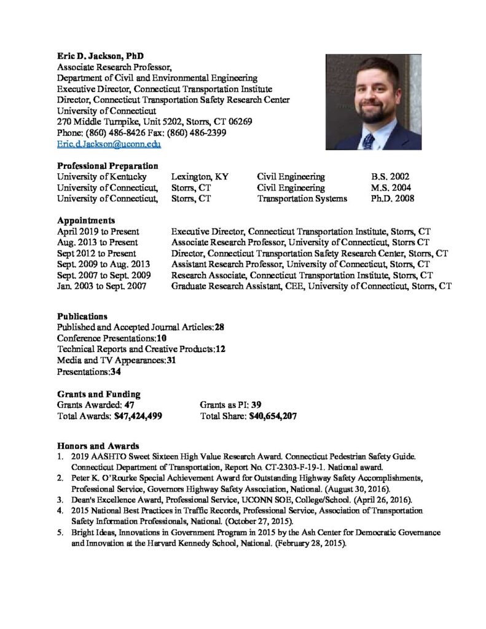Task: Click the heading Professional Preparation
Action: pos(108,166)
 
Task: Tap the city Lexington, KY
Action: pos(200,176)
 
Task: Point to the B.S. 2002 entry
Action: pos(390,176)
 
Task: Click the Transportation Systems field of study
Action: pos(302,198)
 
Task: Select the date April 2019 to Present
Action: pos(98,231)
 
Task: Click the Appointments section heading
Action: pos(85,220)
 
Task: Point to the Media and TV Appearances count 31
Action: pos(171,361)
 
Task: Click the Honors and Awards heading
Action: pos(98,445)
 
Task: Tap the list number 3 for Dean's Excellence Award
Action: pos(60,499)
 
